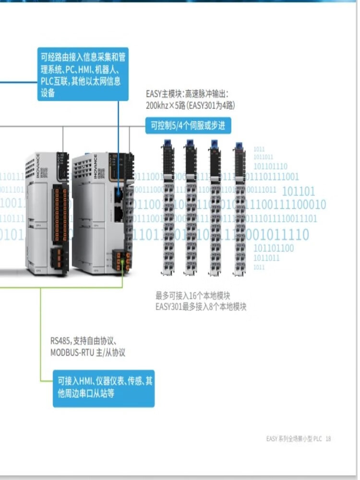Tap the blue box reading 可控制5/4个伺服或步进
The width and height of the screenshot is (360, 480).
pyautogui.click(x=188, y=126)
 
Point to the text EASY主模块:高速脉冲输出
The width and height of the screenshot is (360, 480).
pyautogui.click(x=187, y=94)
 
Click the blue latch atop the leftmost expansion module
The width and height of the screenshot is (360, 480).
pyautogui.click(x=168, y=143)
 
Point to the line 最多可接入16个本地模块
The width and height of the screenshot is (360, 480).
pyautogui.click(x=196, y=296)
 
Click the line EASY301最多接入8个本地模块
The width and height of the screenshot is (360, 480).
pyautogui.click(x=201, y=307)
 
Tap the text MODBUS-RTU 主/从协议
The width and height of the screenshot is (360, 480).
pyautogui.click(x=88, y=352)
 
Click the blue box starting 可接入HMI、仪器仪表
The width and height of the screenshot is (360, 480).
pyautogui.click(x=104, y=388)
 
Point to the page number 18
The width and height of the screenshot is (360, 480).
pyautogui.click(x=328, y=439)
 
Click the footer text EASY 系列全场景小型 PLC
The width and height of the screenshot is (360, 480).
pyautogui.click(x=294, y=439)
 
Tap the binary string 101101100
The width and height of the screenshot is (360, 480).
pyautogui.click(x=274, y=248)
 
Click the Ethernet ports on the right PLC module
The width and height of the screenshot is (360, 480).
pyautogui.click(x=118, y=202)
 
